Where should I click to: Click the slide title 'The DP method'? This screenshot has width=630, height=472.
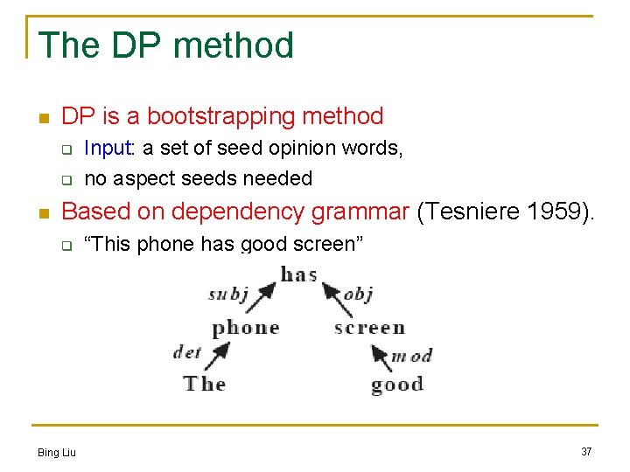click(166, 45)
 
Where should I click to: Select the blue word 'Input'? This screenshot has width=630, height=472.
click(107, 149)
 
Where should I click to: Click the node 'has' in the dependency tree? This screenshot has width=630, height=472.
click(298, 274)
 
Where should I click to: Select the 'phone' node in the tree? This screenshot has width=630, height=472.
click(245, 328)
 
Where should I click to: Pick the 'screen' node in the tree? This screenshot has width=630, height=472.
click(369, 328)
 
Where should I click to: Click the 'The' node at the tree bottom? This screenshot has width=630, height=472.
click(205, 383)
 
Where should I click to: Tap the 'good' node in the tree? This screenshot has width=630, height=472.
click(396, 384)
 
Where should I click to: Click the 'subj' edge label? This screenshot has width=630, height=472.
click(228, 295)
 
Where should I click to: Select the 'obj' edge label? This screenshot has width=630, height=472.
click(358, 295)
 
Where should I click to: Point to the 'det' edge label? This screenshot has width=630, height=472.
click(187, 351)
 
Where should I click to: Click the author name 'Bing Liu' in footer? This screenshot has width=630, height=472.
click(57, 452)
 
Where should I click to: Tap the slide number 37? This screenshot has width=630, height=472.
click(586, 451)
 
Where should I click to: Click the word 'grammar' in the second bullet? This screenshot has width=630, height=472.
click(365, 212)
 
